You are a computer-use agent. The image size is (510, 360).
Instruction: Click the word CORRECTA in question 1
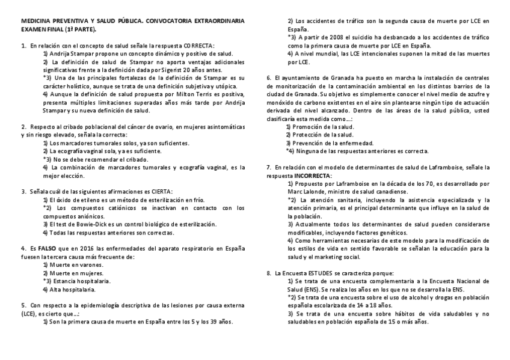coord(198,45)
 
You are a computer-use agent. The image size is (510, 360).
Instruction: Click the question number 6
coord(268,78)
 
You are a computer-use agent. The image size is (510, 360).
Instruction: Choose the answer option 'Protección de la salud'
coord(322,135)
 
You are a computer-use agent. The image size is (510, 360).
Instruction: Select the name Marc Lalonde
coord(304,192)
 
